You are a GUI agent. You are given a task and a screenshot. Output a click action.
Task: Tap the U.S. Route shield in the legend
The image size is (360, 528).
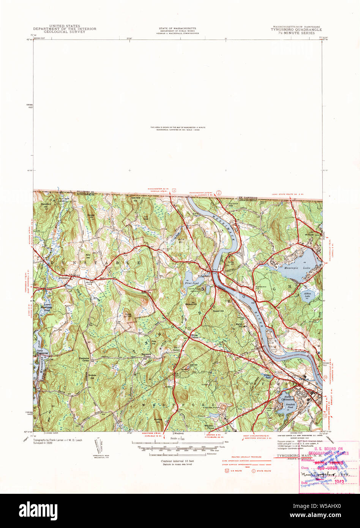coord(227,471)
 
